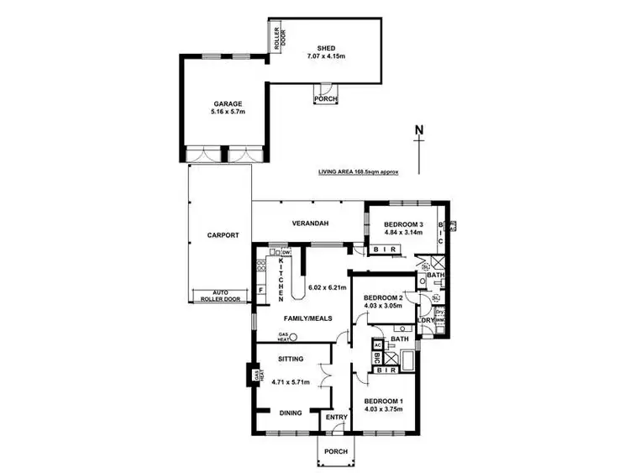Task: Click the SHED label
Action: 327,48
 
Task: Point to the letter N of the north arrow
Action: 418,130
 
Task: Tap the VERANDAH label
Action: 309,223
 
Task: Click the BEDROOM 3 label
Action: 402,224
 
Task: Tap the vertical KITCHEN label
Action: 281,281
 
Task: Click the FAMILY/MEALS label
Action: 309,318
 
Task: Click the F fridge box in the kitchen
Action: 261,291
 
